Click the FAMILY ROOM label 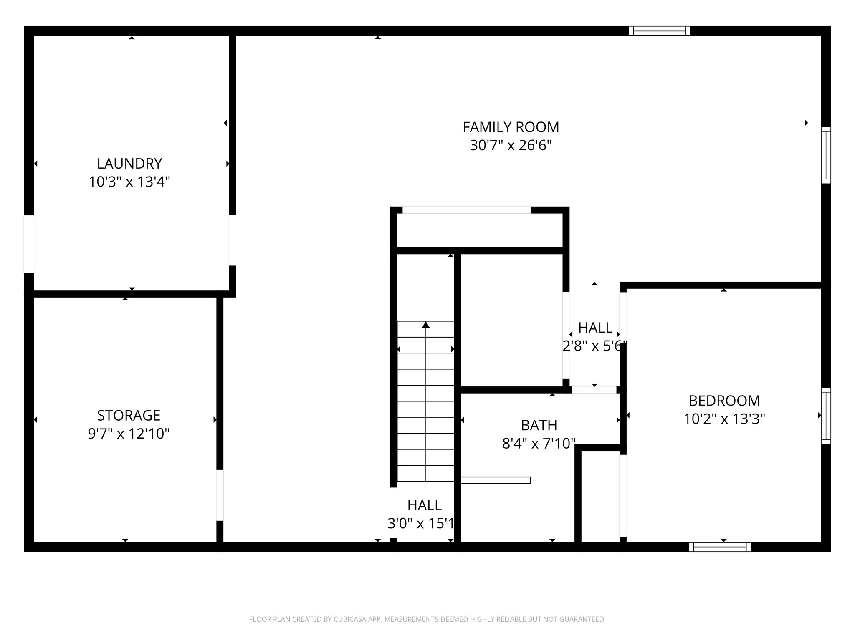coord(511,127)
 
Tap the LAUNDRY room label coord(129,163)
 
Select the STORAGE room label coord(129,415)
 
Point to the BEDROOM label coord(724,401)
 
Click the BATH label coord(539,425)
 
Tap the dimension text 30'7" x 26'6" coord(511,145)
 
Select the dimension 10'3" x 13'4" coord(129,182)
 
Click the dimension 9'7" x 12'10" coord(129,434)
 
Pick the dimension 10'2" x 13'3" coord(724,419)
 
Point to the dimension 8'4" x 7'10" coord(539,443)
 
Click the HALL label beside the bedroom coord(595,328)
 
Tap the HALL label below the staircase coord(424,505)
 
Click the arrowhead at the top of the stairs coord(425,325)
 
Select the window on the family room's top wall coord(659,31)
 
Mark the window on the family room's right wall coord(826,155)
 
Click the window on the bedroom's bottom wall coord(720,547)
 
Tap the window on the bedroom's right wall coord(826,416)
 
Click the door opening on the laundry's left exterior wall coord(29,244)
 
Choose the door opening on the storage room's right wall coord(220,495)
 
